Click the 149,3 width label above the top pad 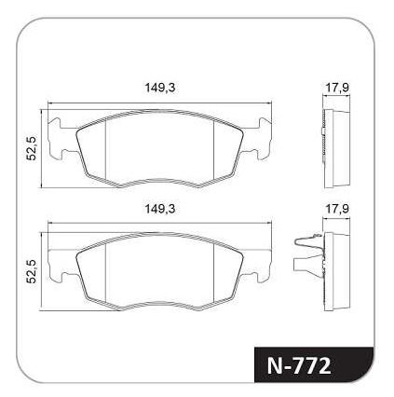pos(160,88)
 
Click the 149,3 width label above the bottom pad pos(160,209)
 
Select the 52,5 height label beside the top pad pos(31,148)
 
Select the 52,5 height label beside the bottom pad pos(31,271)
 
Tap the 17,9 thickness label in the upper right pos(337,88)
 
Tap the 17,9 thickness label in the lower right pos(337,209)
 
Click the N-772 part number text pos(299,366)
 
